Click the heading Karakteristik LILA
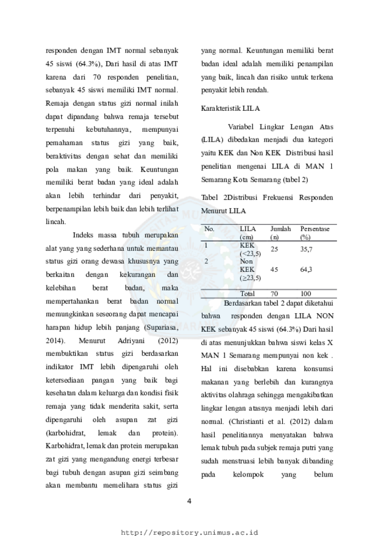coord(230,108)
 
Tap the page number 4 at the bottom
coord(189,501)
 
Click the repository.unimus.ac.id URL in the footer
coord(189,533)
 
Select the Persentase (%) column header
coord(315,233)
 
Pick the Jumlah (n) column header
coord(280,233)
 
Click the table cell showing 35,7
coord(306,250)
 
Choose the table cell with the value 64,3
coord(306,269)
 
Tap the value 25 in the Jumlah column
coord(274,250)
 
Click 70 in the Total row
coord(274,293)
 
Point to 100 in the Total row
coord(306,293)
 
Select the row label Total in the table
coord(247,293)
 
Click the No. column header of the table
coord(209,229)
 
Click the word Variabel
coord(241,127)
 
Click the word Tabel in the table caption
coord(209,198)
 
